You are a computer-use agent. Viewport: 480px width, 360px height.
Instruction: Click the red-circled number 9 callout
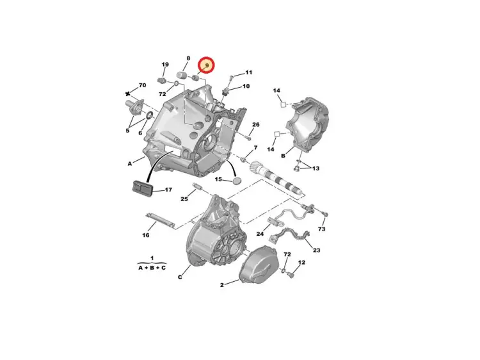click(x=206, y=65)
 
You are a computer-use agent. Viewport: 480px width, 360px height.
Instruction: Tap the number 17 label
click(x=168, y=190)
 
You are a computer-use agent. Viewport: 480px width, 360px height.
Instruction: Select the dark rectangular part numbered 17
click(x=141, y=188)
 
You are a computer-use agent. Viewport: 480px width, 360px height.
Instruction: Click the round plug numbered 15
click(x=237, y=181)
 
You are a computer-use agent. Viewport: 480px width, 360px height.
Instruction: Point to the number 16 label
click(x=146, y=235)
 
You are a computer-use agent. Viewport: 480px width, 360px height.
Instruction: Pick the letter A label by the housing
click(x=130, y=164)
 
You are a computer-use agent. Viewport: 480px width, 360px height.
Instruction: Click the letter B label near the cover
click(x=283, y=156)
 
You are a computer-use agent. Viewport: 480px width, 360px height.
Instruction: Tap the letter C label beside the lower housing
click(x=180, y=277)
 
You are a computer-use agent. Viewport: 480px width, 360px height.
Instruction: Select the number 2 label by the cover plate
click(x=221, y=285)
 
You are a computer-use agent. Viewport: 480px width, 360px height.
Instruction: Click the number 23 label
click(x=316, y=250)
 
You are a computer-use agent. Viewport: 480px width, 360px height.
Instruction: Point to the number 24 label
click(x=260, y=234)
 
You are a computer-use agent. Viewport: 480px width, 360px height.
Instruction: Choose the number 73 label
click(x=321, y=229)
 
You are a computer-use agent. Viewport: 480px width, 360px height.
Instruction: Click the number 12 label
click(x=301, y=262)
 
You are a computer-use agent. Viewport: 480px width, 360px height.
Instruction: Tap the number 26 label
click(x=255, y=124)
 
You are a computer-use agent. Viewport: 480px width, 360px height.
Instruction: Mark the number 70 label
click(x=142, y=85)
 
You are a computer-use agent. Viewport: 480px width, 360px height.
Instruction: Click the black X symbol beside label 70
click(x=127, y=94)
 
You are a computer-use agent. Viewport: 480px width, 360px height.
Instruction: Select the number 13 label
click(x=316, y=168)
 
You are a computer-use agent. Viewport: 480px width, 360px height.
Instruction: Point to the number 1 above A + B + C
click(x=152, y=259)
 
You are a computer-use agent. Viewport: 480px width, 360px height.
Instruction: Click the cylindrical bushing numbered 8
click(x=182, y=75)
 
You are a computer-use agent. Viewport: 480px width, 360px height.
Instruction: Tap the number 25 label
click(x=184, y=199)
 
